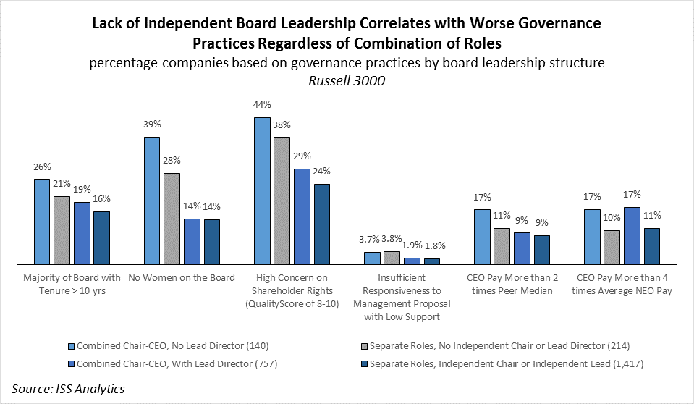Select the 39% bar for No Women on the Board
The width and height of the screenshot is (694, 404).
click(152, 200)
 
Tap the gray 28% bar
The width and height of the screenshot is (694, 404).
click(172, 218)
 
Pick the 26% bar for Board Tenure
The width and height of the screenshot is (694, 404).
click(42, 221)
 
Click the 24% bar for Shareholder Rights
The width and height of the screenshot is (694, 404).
click(321, 224)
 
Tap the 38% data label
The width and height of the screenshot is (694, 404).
click(282, 124)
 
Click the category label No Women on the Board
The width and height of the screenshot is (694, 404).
click(182, 278)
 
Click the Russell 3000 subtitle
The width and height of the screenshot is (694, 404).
click(347, 81)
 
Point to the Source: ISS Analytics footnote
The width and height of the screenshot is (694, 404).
click(68, 389)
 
